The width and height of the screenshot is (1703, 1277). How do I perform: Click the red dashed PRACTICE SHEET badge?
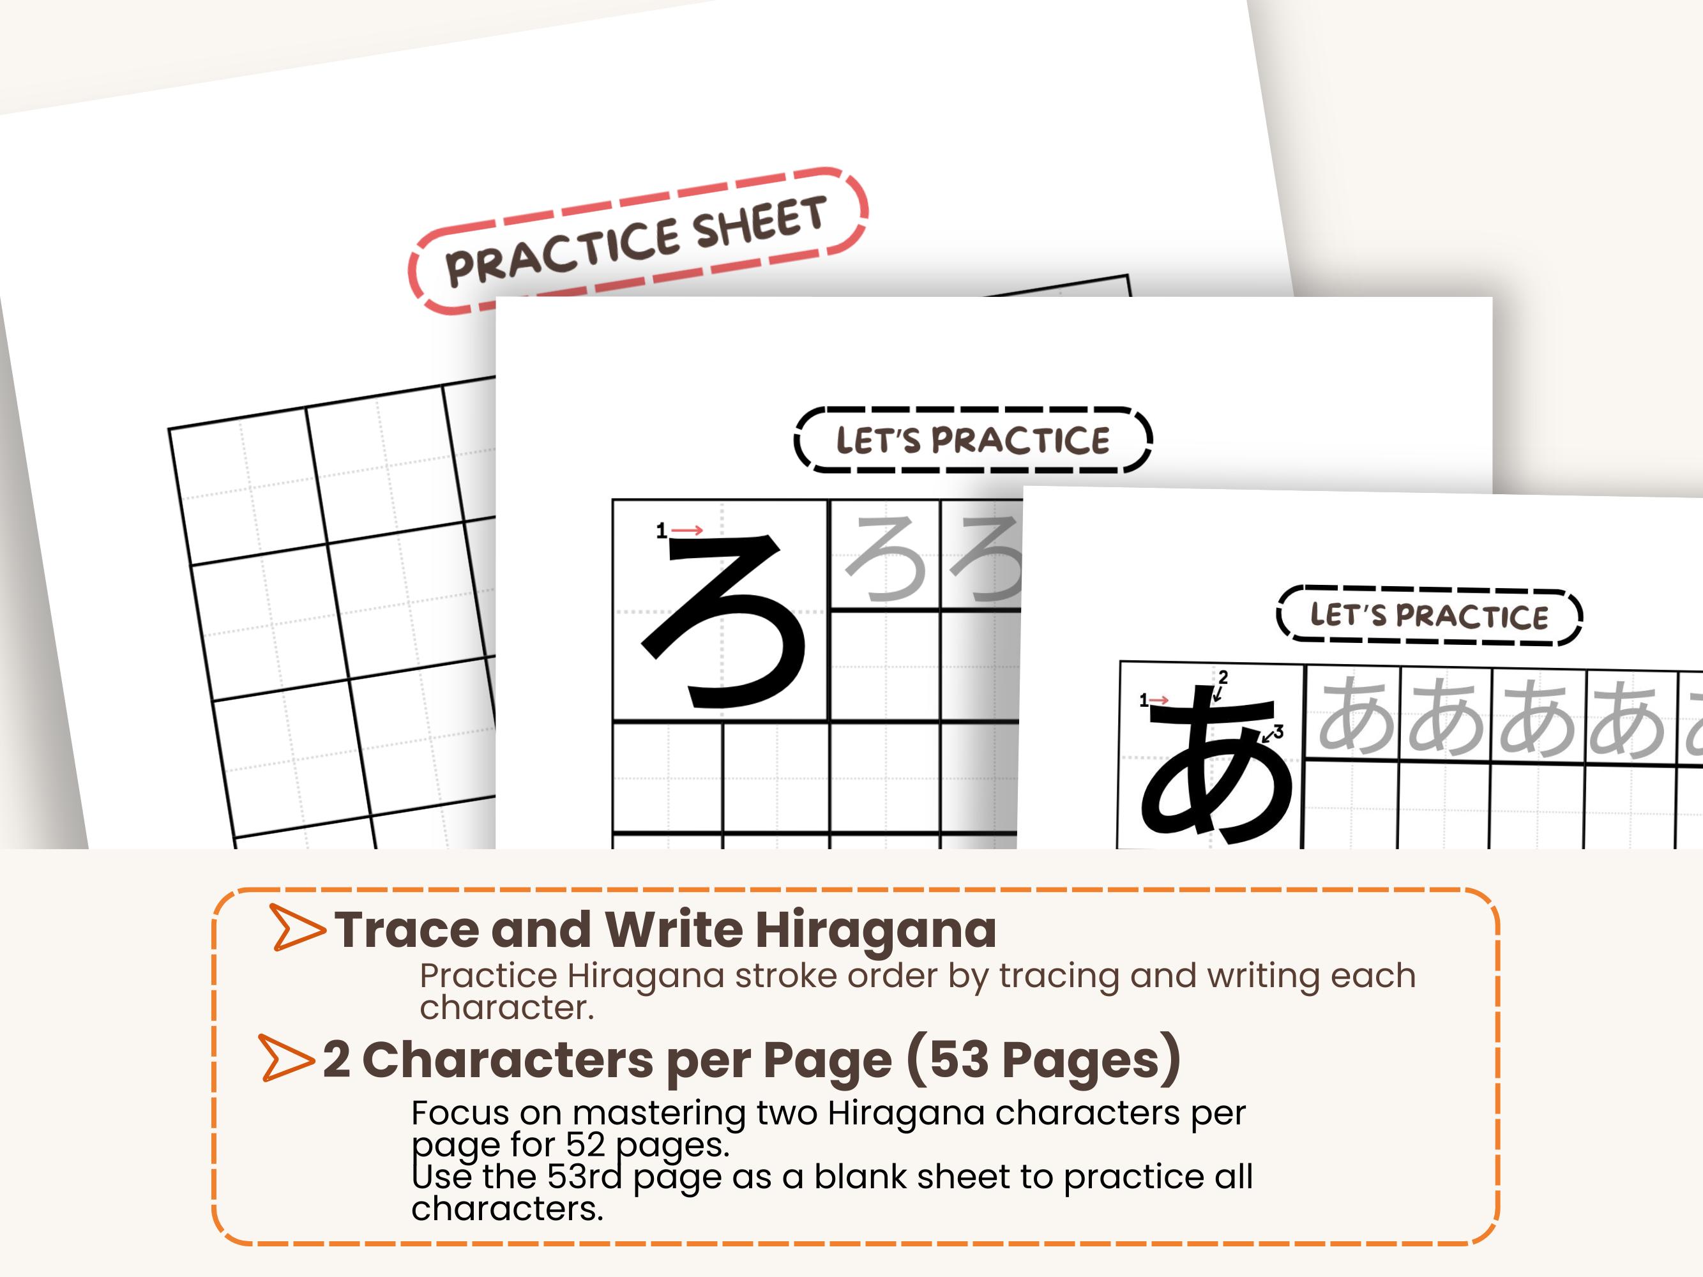click(637, 240)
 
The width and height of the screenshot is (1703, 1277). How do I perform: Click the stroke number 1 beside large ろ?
click(660, 531)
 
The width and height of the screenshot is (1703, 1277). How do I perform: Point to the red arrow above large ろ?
click(688, 529)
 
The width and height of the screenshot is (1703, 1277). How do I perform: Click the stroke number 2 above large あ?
click(1223, 677)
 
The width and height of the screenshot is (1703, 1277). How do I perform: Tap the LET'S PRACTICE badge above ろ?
click(973, 439)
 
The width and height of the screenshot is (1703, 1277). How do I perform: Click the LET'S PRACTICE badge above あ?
click(1428, 616)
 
